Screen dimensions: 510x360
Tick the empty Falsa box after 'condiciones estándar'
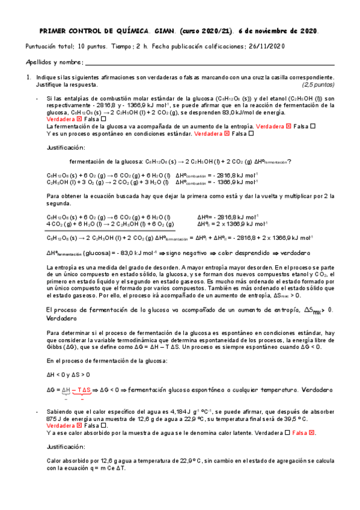click(251, 134)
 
